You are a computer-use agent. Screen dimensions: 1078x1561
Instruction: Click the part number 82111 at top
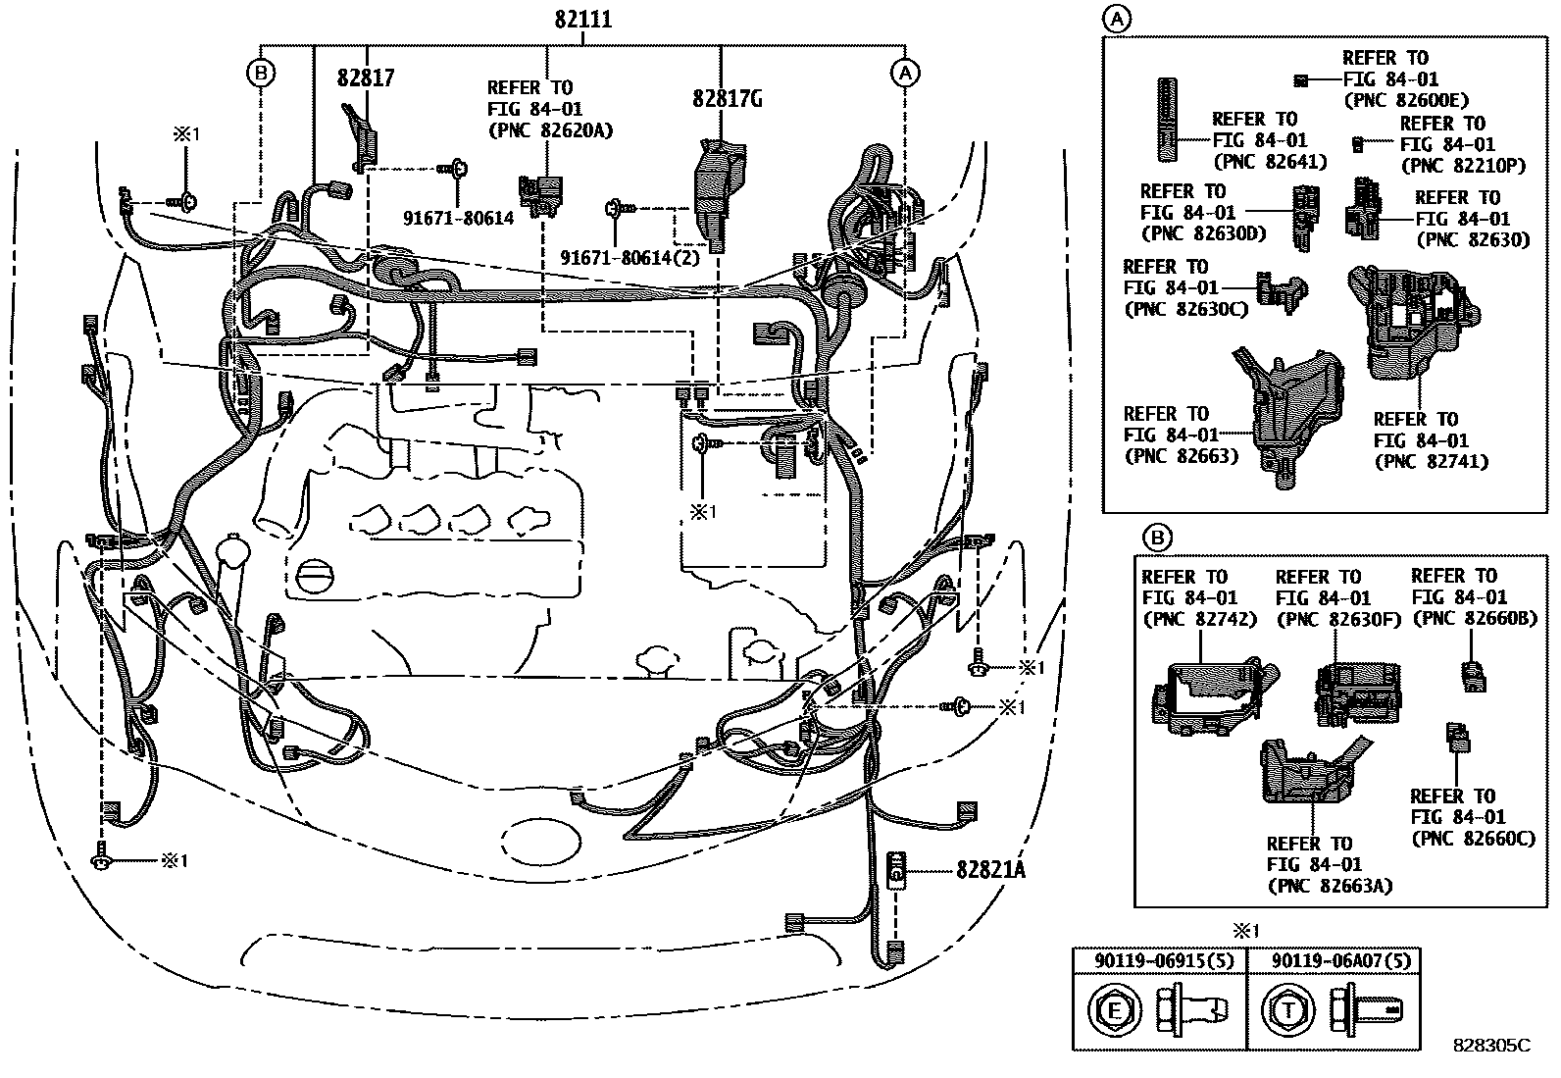(582, 20)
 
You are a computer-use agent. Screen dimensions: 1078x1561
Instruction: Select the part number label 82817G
(727, 99)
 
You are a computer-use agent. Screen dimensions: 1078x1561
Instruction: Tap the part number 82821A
(990, 869)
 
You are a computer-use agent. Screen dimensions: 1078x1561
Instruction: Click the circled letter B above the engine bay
(261, 73)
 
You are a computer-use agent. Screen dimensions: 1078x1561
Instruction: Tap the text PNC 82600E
(1405, 100)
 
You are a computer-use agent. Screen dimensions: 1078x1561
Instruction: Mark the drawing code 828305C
(1490, 1046)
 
